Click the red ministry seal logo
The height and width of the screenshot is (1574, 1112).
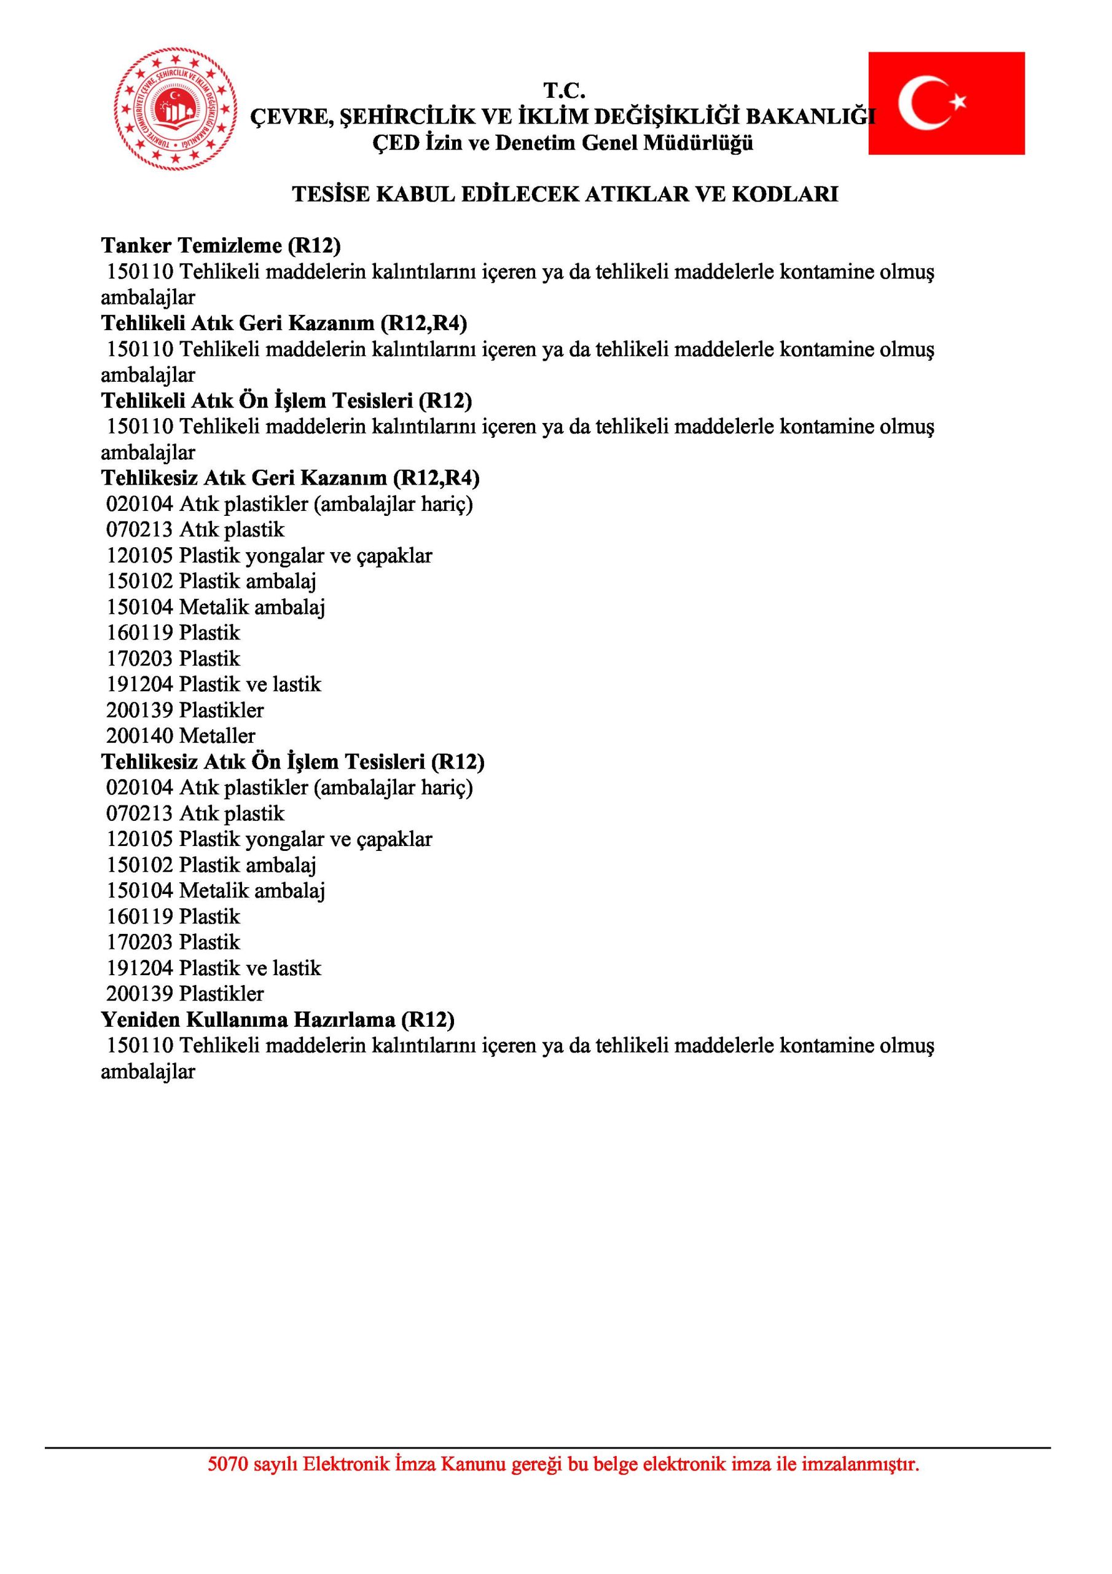point(175,109)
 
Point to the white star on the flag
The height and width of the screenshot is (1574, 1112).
point(958,102)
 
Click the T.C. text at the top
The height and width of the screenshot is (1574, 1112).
point(564,90)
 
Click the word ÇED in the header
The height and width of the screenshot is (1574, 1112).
point(395,143)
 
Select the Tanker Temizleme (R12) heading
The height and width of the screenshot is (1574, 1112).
point(221,245)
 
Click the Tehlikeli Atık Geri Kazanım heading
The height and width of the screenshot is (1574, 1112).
point(284,323)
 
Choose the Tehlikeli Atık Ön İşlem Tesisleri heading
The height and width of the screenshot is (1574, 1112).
point(286,400)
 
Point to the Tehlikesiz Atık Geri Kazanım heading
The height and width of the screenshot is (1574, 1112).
point(290,478)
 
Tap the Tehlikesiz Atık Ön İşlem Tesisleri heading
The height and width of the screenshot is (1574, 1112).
point(292,762)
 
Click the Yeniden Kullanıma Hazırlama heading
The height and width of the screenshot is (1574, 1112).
point(278,1019)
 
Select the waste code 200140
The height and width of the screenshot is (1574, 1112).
point(140,736)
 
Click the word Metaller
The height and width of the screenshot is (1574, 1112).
point(217,736)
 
